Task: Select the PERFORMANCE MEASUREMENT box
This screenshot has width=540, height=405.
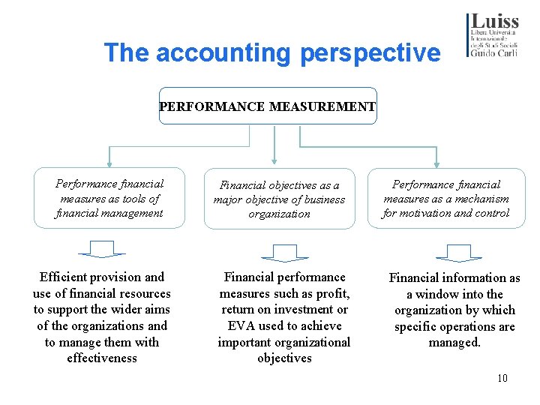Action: (x=268, y=106)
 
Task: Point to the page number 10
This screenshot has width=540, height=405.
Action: (x=502, y=378)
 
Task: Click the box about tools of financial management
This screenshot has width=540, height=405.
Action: (x=109, y=198)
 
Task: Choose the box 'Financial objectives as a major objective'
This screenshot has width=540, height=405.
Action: (x=279, y=199)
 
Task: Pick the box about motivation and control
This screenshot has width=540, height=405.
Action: (x=446, y=199)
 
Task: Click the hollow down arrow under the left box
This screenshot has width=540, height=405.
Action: (x=102, y=249)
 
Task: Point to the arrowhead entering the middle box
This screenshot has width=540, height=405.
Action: (x=275, y=159)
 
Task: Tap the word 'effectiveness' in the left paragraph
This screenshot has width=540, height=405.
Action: (x=102, y=358)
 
